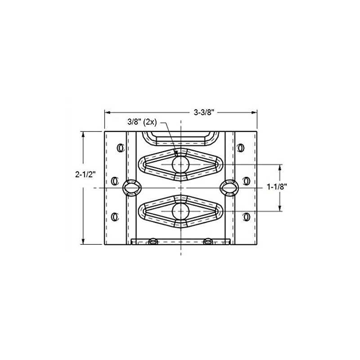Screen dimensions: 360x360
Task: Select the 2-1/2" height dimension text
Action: coord(84,176)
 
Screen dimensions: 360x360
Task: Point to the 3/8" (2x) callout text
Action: coord(142,121)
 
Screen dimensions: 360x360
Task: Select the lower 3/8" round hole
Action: coord(180,210)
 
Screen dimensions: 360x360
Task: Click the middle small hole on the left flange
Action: coord(114,180)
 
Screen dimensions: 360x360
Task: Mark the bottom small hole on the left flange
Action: coord(114,217)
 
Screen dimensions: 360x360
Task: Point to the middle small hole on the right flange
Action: coord(246,180)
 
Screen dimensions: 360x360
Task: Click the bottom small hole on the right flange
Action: coord(246,217)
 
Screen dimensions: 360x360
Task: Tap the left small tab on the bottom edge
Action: coord(153,242)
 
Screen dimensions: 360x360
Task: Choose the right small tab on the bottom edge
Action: coord(207,242)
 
